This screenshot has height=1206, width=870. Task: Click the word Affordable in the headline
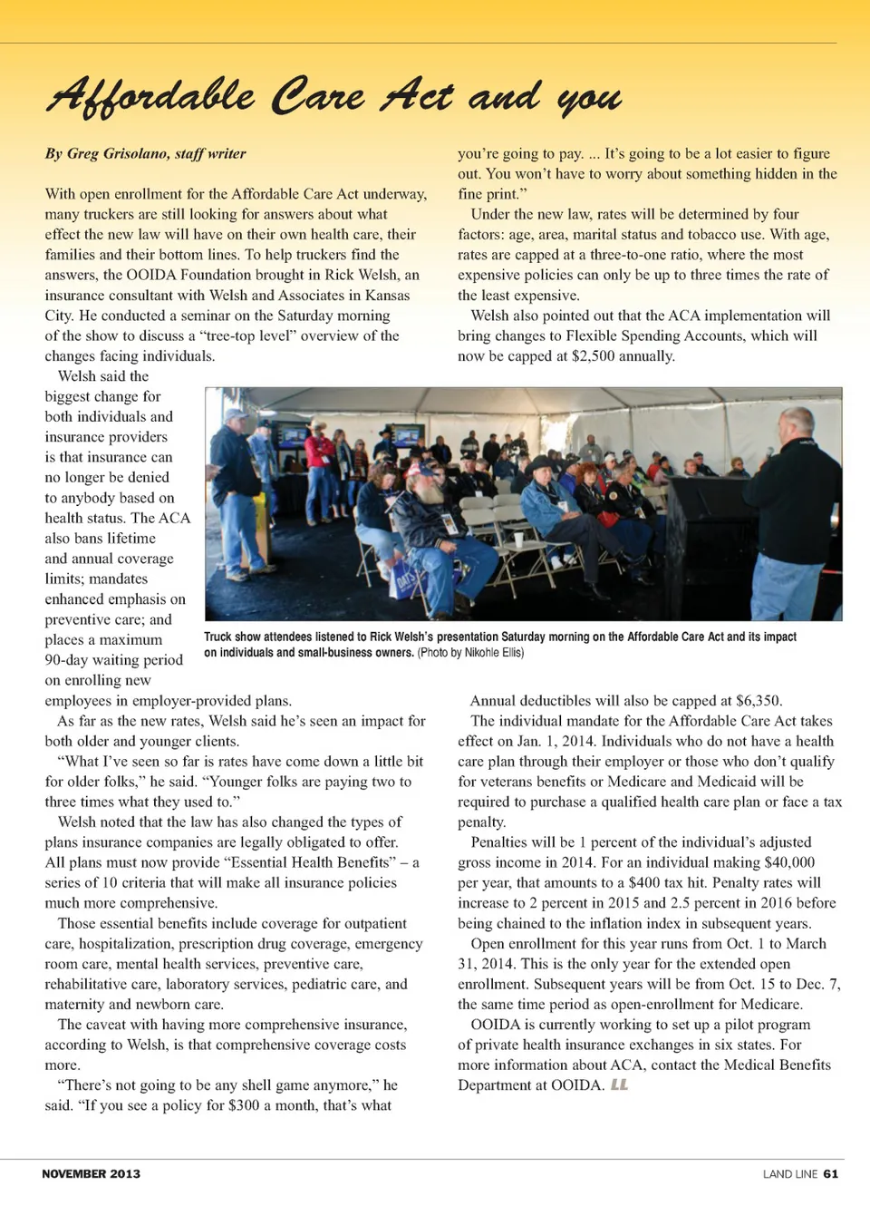pyautogui.click(x=150, y=96)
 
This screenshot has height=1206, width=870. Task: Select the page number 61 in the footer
pyautogui.click(x=831, y=1173)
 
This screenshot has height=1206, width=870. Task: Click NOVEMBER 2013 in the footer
pyautogui.click(x=91, y=1173)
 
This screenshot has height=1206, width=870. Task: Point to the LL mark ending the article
pyautogui.click(x=619, y=1084)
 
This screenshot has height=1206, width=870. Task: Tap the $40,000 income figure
pyautogui.click(x=789, y=861)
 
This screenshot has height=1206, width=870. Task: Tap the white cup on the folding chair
pyautogui.click(x=518, y=538)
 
